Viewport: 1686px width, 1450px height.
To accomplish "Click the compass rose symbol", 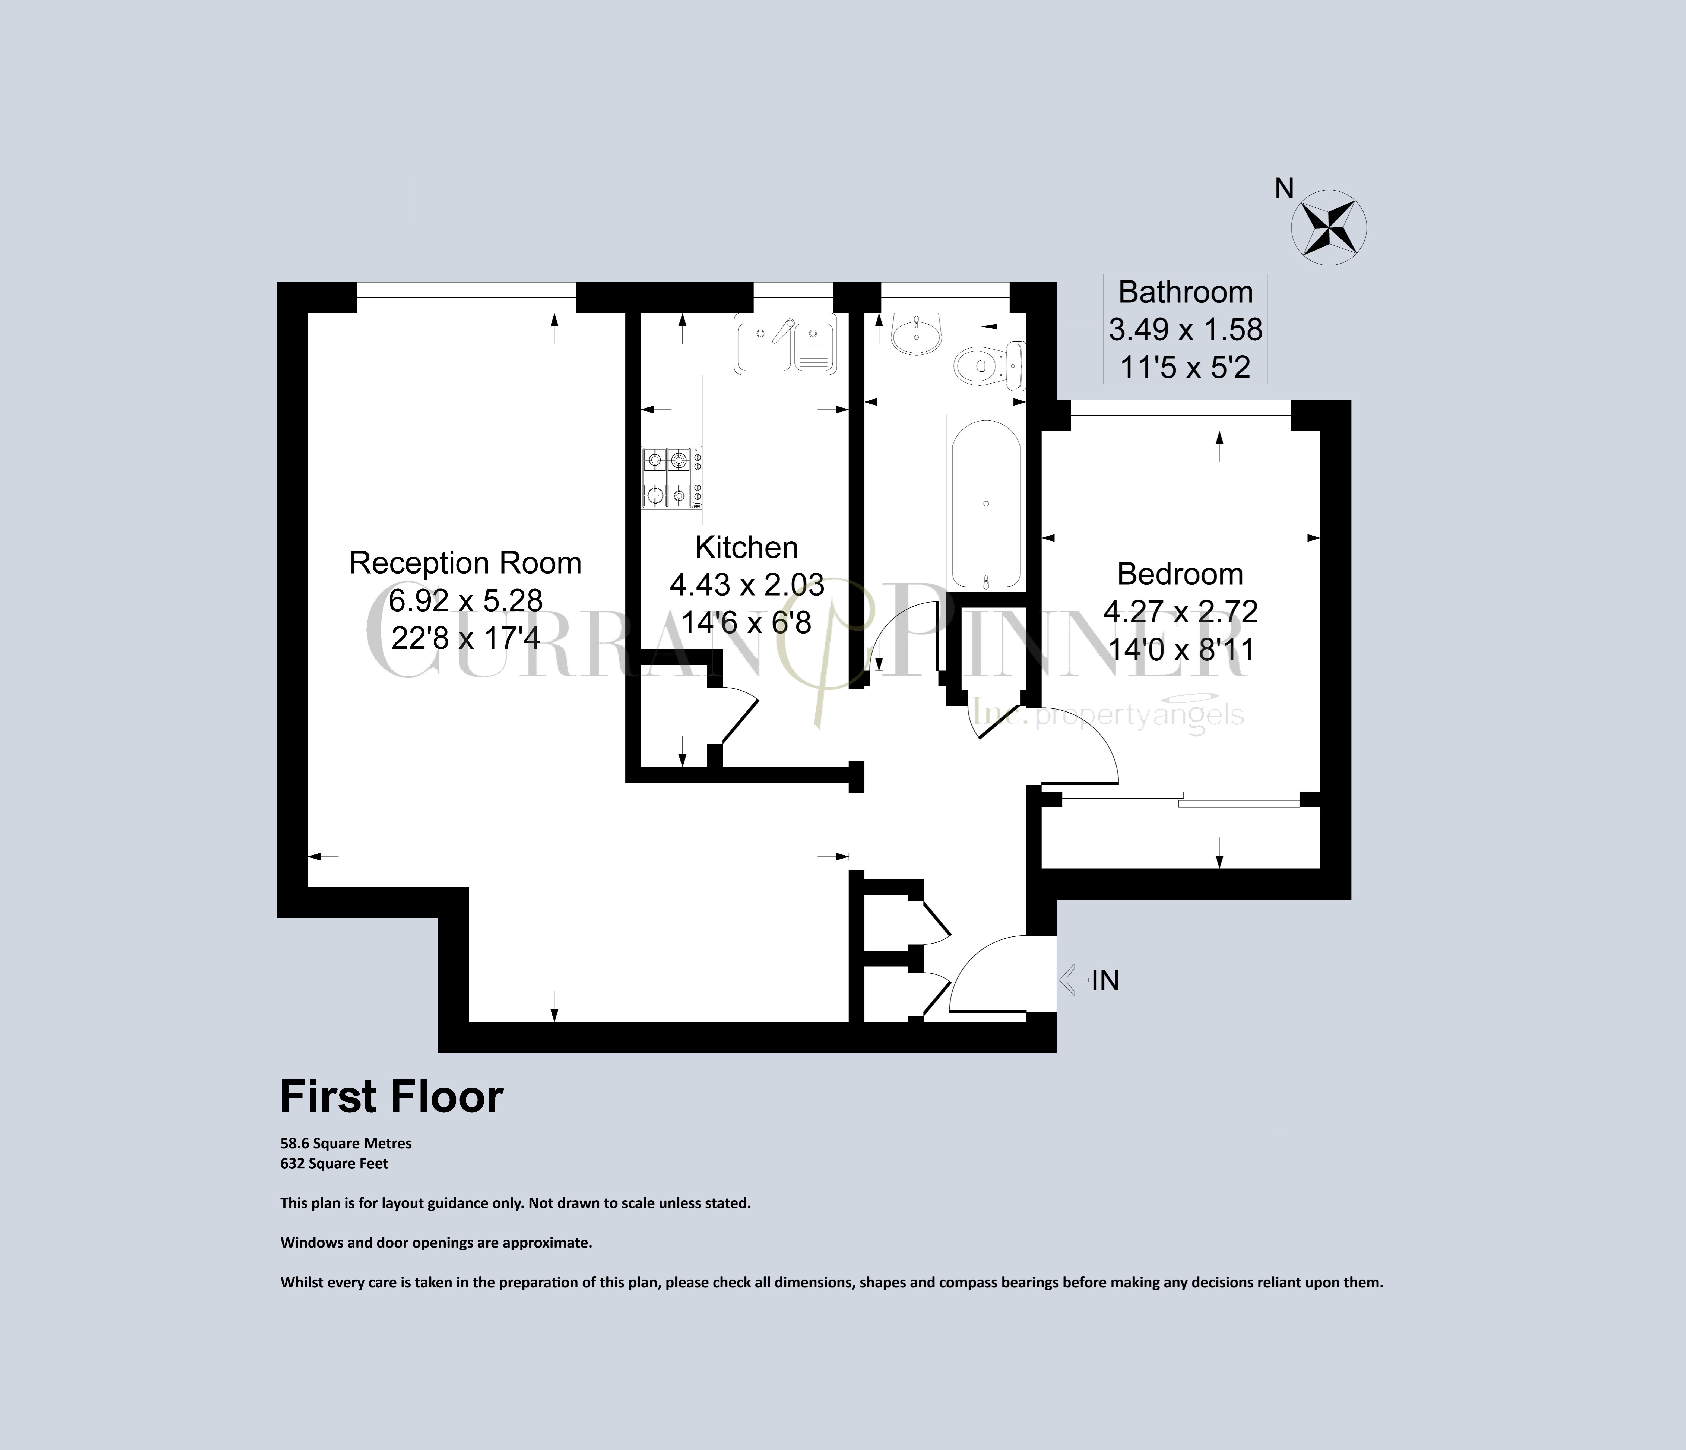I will (x=1330, y=228).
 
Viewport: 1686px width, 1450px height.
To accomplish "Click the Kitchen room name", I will (x=746, y=547).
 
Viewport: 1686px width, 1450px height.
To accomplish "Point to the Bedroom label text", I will (x=1180, y=574).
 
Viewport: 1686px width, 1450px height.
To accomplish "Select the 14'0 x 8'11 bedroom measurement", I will (x=1181, y=649).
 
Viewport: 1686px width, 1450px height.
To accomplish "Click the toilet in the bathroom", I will (x=989, y=367).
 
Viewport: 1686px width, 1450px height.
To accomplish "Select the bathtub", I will (x=985, y=505).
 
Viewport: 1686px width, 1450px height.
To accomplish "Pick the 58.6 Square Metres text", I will (x=346, y=1143).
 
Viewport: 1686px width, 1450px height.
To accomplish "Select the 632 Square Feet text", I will (x=334, y=1164).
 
